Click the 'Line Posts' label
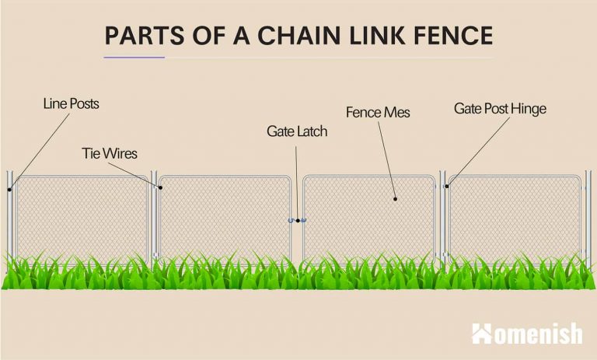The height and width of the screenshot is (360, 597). (x=71, y=103)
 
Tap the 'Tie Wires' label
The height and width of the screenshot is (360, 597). (x=110, y=153)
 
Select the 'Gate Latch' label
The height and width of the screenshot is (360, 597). (x=297, y=131)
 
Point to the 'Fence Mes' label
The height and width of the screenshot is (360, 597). (x=378, y=113)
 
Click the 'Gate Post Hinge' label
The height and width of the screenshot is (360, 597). (x=500, y=109)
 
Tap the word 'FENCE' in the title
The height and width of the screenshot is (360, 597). (x=450, y=36)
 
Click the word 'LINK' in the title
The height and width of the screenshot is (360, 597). (x=365, y=36)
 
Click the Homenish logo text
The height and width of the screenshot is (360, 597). (x=538, y=334)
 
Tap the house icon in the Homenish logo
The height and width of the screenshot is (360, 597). (x=482, y=334)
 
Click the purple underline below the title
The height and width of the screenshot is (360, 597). (x=134, y=57)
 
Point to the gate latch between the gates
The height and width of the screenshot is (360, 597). (x=297, y=220)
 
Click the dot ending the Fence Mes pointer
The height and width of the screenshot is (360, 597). (x=395, y=199)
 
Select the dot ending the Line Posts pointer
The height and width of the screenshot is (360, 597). (x=10, y=188)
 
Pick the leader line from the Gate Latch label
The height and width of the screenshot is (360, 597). (x=297, y=179)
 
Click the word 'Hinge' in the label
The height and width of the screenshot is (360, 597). (x=528, y=109)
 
